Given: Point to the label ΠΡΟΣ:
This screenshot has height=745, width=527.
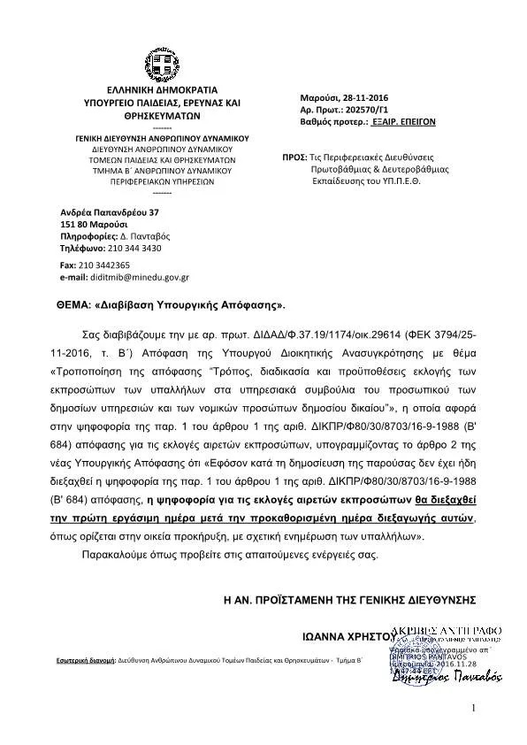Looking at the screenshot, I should pyautogui.click(x=294, y=156).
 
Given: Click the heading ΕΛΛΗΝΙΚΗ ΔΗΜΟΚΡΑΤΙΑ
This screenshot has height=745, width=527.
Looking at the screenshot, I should pyautogui.click(x=161, y=92).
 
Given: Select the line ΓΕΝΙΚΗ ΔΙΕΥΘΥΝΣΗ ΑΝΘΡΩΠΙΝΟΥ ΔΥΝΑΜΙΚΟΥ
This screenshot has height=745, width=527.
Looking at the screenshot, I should pyautogui.click(x=161, y=139).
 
